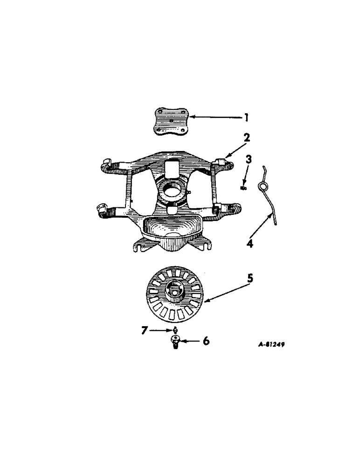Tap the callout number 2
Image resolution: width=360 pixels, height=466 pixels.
pos(247,137)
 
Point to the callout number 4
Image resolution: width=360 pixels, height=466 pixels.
pos(250,243)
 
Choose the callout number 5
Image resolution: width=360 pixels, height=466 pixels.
pos(250,279)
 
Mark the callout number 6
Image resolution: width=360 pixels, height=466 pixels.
pos(206,341)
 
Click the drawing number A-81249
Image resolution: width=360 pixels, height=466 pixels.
pos(272,345)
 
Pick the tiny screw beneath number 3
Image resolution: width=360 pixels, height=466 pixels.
pos(243,188)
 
